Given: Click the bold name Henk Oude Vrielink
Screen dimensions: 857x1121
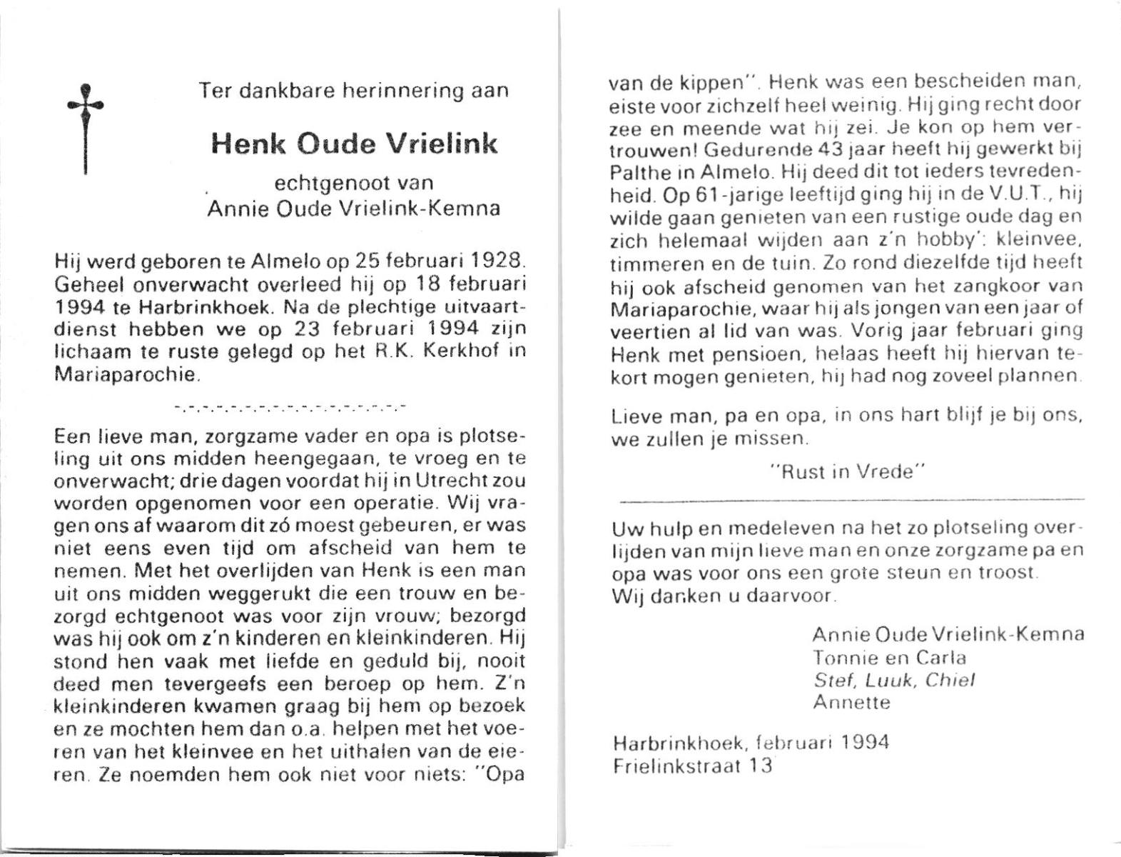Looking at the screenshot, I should [x=354, y=144].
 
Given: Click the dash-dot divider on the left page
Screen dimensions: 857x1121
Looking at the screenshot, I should [x=290, y=409].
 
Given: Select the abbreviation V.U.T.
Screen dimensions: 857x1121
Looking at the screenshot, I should [x=1019, y=195].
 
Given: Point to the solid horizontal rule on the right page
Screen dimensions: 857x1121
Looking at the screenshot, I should [x=849, y=499].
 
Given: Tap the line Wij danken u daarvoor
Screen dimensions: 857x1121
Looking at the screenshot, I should [x=724, y=596].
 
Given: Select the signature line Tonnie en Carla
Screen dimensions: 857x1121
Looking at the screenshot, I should [x=889, y=658].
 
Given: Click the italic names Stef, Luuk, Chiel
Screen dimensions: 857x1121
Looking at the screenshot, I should [x=893, y=681].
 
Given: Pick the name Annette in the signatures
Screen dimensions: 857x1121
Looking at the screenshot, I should [x=852, y=703].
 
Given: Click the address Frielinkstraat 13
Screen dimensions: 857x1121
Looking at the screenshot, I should [x=692, y=766].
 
